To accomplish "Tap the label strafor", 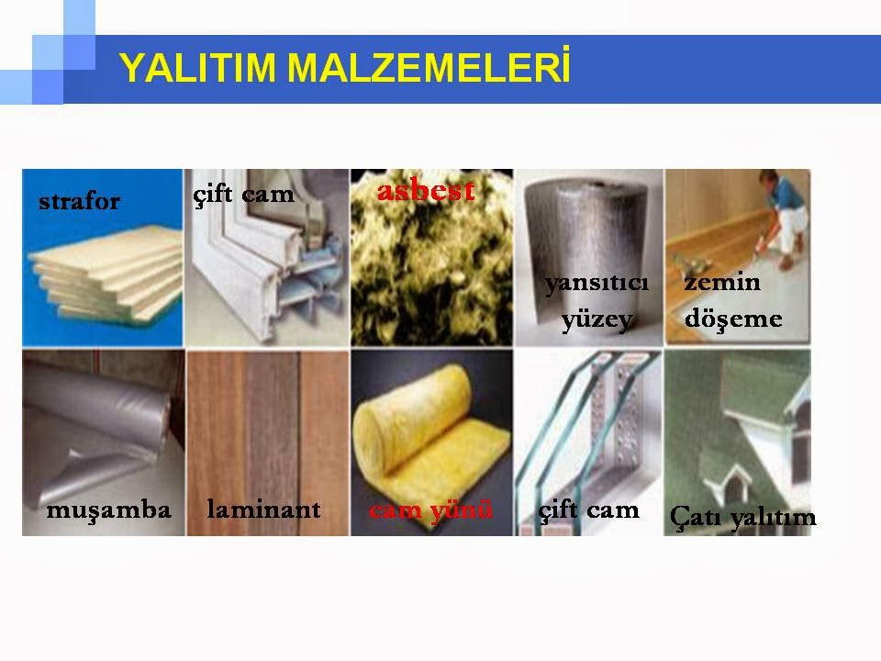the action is pyautogui.click(x=79, y=201).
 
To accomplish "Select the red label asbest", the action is pyautogui.click(x=426, y=191).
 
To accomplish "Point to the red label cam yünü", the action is pyautogui.click(x=431, y=510).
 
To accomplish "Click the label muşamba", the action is pyautogui.click(x=108, y=510).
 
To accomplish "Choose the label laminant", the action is pyautogui.click(x=263, y=509).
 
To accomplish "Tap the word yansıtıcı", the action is pyautogui.click(x=597, y=282).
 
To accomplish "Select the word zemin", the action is pyautogui.click(x=722, y=282).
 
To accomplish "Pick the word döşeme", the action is pyautogui.click(x=733, y=319).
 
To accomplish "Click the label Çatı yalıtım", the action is pyautogui.click(x=742, y=517).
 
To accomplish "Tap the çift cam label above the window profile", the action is pyautogui.click(x=243, y=195).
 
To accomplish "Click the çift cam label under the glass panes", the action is pyautogui.click(x=588, y=510).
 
